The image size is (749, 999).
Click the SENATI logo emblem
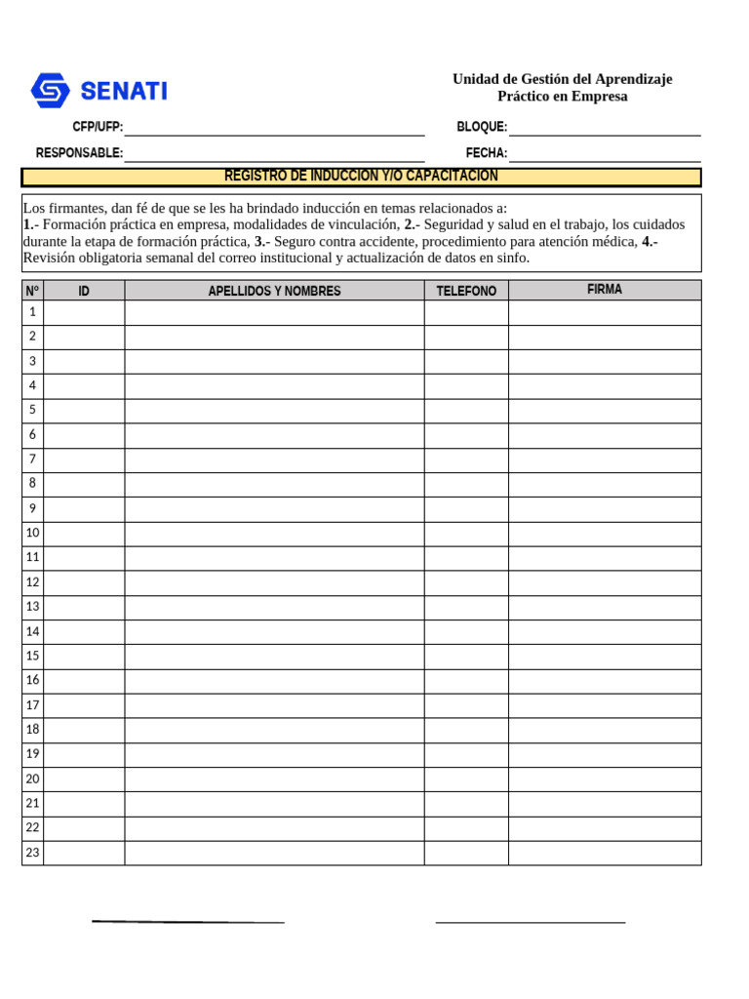[x=50, y=91]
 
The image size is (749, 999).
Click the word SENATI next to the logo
[x=124, y=92]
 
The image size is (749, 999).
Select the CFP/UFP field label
[x=98, y=128]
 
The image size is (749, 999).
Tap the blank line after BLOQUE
[x=605, y=128]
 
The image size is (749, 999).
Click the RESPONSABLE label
[x=79, y=153]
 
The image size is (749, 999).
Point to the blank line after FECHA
[x=605, y=153]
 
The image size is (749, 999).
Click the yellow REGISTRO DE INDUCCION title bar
[x=361, y=177]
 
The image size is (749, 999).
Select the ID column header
[x=84, y=291]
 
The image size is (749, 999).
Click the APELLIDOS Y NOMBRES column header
[x=274, y=291]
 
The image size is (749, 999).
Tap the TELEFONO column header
[x=466, y=291]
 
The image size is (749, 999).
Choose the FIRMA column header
[x=605, y=290]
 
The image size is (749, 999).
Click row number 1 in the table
[x=32, y=312]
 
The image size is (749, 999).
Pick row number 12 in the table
[x=32, y=582]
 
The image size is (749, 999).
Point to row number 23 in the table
[x=32, y=853]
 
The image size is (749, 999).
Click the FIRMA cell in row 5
[x=605, y=411]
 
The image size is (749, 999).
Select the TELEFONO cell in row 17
[x=466, y=705]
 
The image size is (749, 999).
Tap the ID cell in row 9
[x=84, y=509]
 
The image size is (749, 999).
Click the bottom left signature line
[x=188, y=921]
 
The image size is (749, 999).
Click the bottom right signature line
[x=530, y=921]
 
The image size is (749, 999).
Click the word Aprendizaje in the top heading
[x=633, y=79]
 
